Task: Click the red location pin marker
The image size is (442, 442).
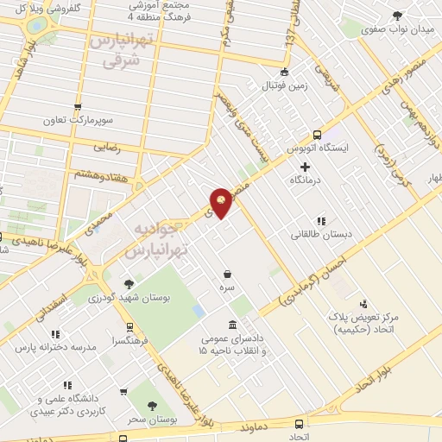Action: point(221,202)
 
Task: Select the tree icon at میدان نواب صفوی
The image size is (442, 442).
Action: point(397,16)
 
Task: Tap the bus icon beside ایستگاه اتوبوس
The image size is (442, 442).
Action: point(317,134)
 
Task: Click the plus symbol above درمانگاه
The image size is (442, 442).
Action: point(305,165)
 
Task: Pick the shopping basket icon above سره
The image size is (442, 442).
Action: point(227,273)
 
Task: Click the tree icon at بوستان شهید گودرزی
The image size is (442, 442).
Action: point(129,282)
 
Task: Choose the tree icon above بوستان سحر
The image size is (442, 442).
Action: point(153,404)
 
